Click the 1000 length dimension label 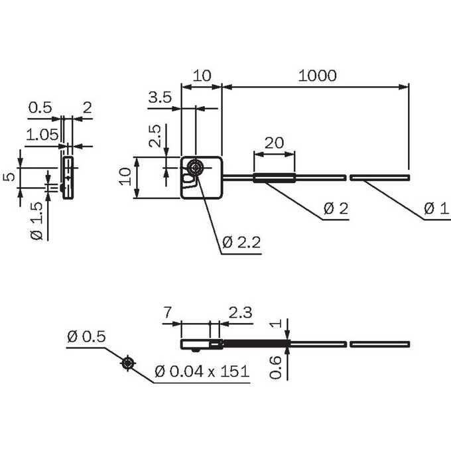point(317,76)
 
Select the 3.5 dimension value point(160,97)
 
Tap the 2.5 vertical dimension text point(155,136)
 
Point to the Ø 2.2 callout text point(241,243)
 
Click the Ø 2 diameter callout point(336,208)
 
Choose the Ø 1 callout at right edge point(436,208)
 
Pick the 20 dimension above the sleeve point(274,143)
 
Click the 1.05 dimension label point(42,135)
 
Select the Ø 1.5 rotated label point(36,221)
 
